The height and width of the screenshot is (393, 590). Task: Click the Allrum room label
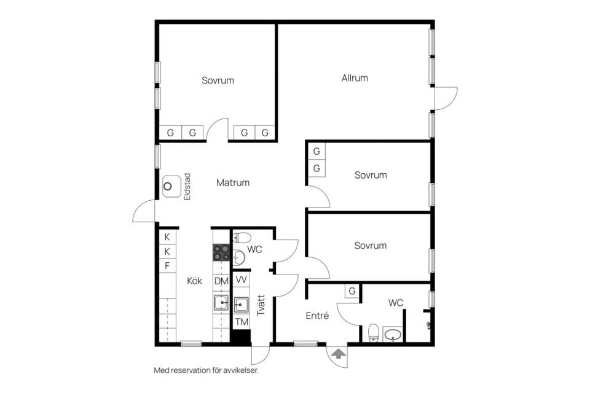point(355,78)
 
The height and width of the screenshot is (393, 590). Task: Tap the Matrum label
point(233,182)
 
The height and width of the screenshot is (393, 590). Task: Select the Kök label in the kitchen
point(195,281)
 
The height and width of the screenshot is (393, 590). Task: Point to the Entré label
point(317,316)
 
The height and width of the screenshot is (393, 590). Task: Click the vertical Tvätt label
point(261,305)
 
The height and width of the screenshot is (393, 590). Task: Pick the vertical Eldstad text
point(187,187)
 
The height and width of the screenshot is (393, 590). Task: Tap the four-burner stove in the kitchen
point(221,252)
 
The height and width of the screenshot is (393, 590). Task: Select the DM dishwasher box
point(221,281)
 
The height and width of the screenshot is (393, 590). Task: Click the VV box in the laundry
point(242,279)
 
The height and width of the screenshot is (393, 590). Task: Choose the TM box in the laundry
point(242,322)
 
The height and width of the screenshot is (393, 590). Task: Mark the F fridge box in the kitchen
point(167,266)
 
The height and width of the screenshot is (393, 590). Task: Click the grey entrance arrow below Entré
point(337,353)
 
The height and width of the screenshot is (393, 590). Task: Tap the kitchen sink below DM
point(221,302)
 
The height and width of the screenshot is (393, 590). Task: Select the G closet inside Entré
point(352,291)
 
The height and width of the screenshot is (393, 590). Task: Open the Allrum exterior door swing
point(446,98)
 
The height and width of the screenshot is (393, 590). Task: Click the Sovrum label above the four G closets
point(218,80)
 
